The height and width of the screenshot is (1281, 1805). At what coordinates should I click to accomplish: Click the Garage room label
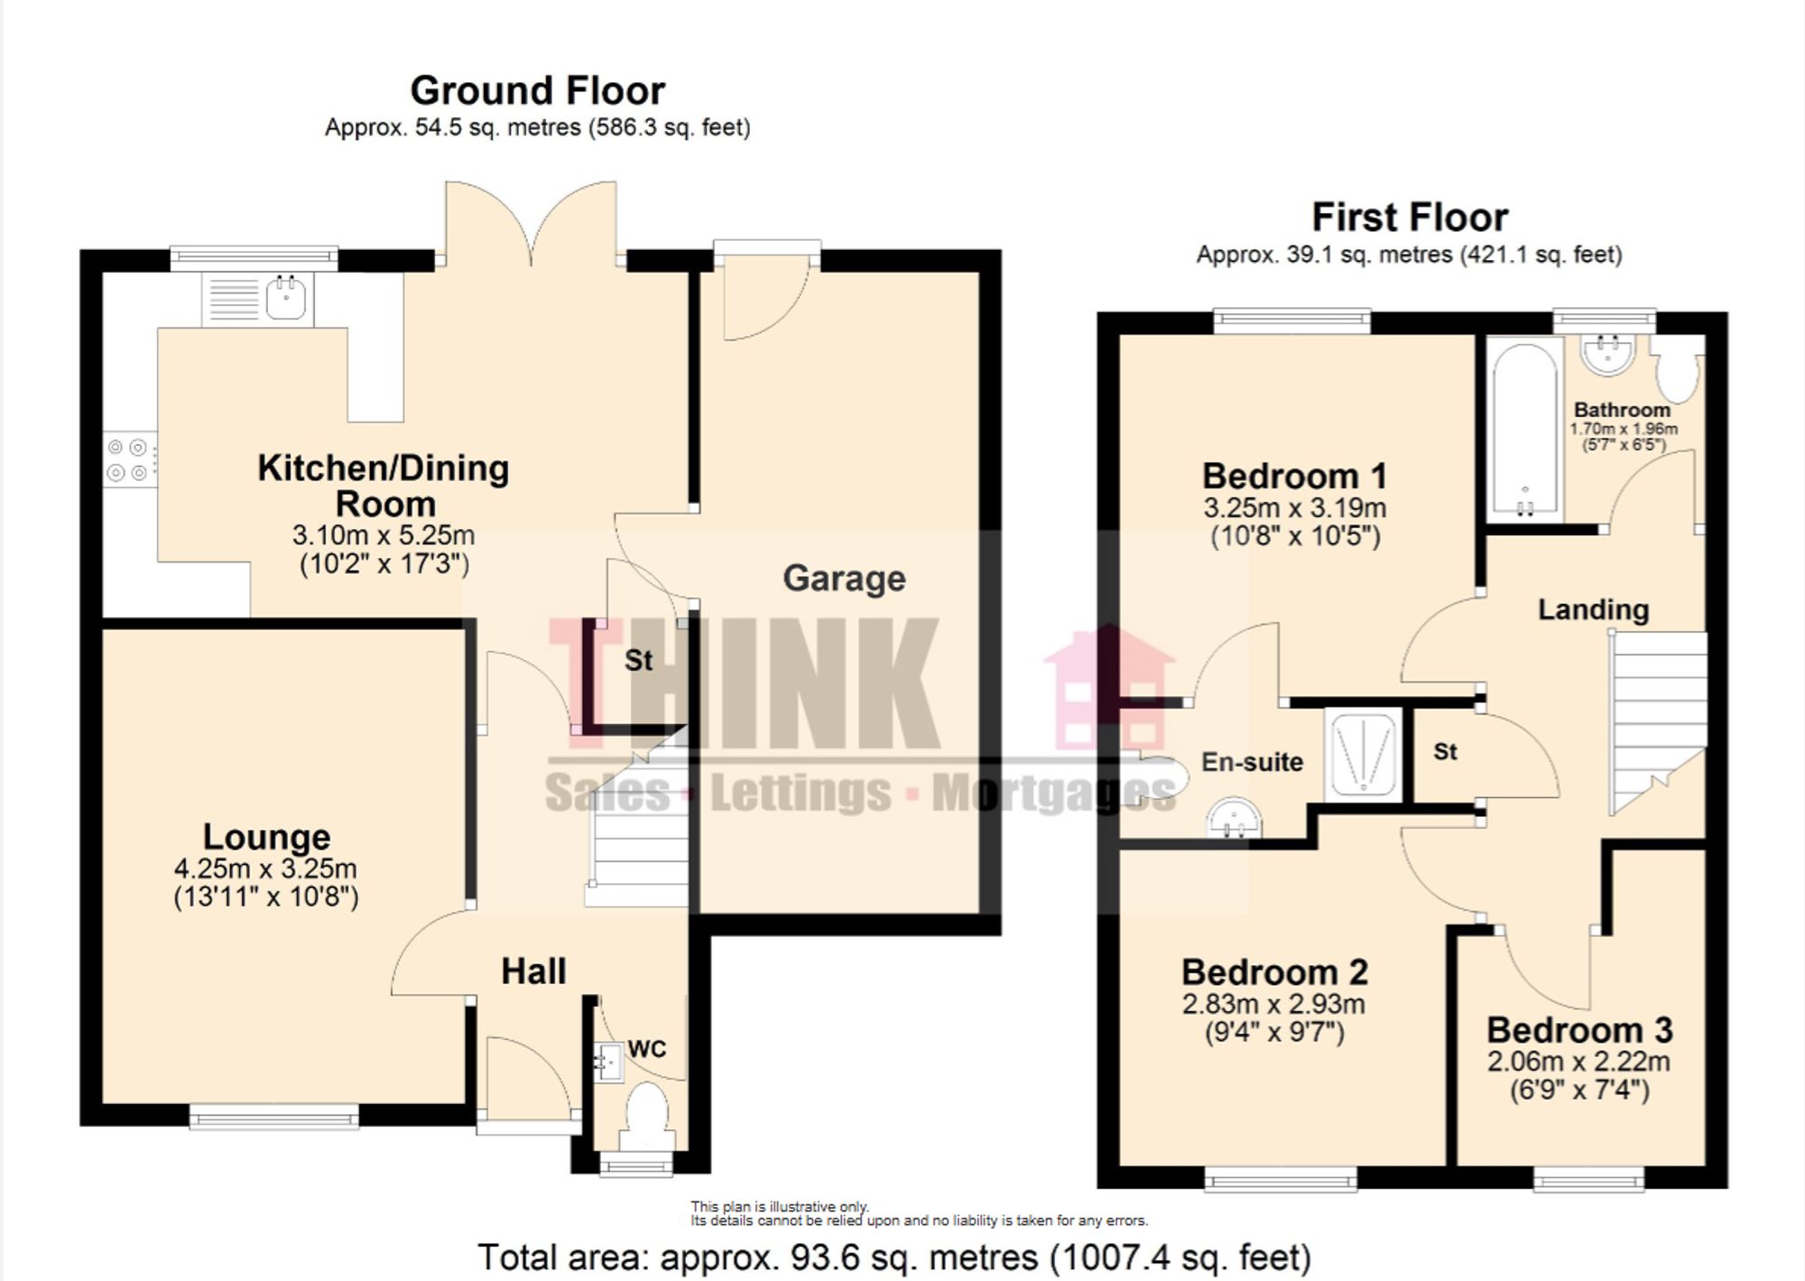(844, 579)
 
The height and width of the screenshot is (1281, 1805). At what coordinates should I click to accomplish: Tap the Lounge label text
(266, 837)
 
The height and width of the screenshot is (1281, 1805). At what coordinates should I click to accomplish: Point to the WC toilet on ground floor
(646, 1109)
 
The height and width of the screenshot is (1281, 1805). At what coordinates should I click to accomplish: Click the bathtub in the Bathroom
(1524, 430)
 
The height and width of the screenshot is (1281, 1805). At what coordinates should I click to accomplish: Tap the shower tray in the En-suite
(1363, 754)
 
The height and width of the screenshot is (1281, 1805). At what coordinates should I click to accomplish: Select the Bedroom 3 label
(1579, 1030)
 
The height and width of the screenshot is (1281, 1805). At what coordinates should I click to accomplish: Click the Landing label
(1593, 610)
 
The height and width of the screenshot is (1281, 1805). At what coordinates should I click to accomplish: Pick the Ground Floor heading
(538, 91)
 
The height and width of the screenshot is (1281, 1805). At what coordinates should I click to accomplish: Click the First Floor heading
(1409, 218)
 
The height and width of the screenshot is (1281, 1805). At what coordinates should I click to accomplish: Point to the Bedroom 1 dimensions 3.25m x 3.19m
(1294, 507)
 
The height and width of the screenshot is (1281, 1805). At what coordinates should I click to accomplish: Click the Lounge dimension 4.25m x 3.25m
(265, 868)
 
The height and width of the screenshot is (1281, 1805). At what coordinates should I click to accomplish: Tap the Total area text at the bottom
(893, 1257)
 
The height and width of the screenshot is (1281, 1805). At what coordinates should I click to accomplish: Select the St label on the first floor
(1445, 752)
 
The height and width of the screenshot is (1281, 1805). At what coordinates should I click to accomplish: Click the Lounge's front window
(274, 1117)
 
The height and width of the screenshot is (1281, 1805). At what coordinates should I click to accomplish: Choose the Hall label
(533, 972)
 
